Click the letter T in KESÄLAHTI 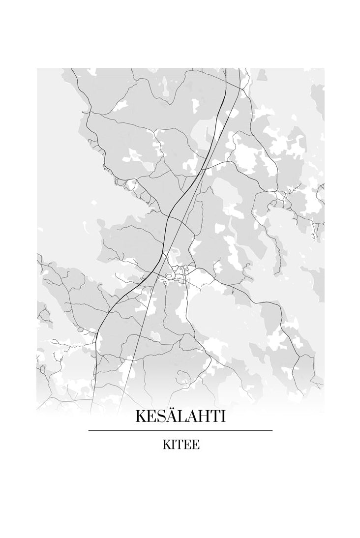tap(214, 417)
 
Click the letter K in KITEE tap(166, 445)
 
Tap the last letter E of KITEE tap(195, 445)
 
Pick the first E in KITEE tap(187, 445)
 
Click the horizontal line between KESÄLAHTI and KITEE tap(180, 430)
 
